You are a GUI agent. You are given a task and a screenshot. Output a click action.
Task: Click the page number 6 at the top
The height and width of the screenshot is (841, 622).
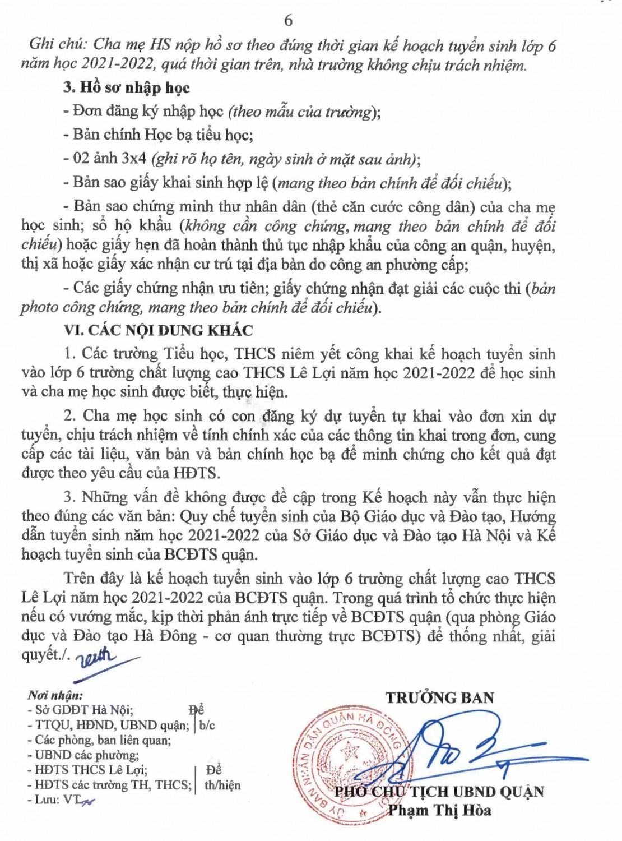(288, 21)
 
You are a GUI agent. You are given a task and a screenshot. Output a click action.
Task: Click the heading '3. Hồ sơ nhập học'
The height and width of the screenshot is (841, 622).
(126, 87)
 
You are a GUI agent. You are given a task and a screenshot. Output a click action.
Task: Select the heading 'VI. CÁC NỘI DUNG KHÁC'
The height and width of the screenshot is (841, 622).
(158, 330)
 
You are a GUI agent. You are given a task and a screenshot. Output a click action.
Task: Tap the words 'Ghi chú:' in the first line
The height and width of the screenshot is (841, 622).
(58, 45)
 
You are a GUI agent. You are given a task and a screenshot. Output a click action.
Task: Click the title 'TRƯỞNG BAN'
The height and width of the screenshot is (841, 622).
(439, 698)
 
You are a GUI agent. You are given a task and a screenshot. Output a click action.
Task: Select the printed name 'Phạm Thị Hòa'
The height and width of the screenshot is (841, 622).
(439, 810)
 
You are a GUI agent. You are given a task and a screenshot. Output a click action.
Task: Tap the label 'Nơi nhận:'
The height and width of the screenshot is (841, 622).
(55, 696)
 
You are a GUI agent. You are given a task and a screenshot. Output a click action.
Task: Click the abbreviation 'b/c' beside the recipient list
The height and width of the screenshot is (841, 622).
(207, 726)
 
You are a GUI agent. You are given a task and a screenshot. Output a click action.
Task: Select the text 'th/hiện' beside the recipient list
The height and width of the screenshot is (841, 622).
(222, 785)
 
